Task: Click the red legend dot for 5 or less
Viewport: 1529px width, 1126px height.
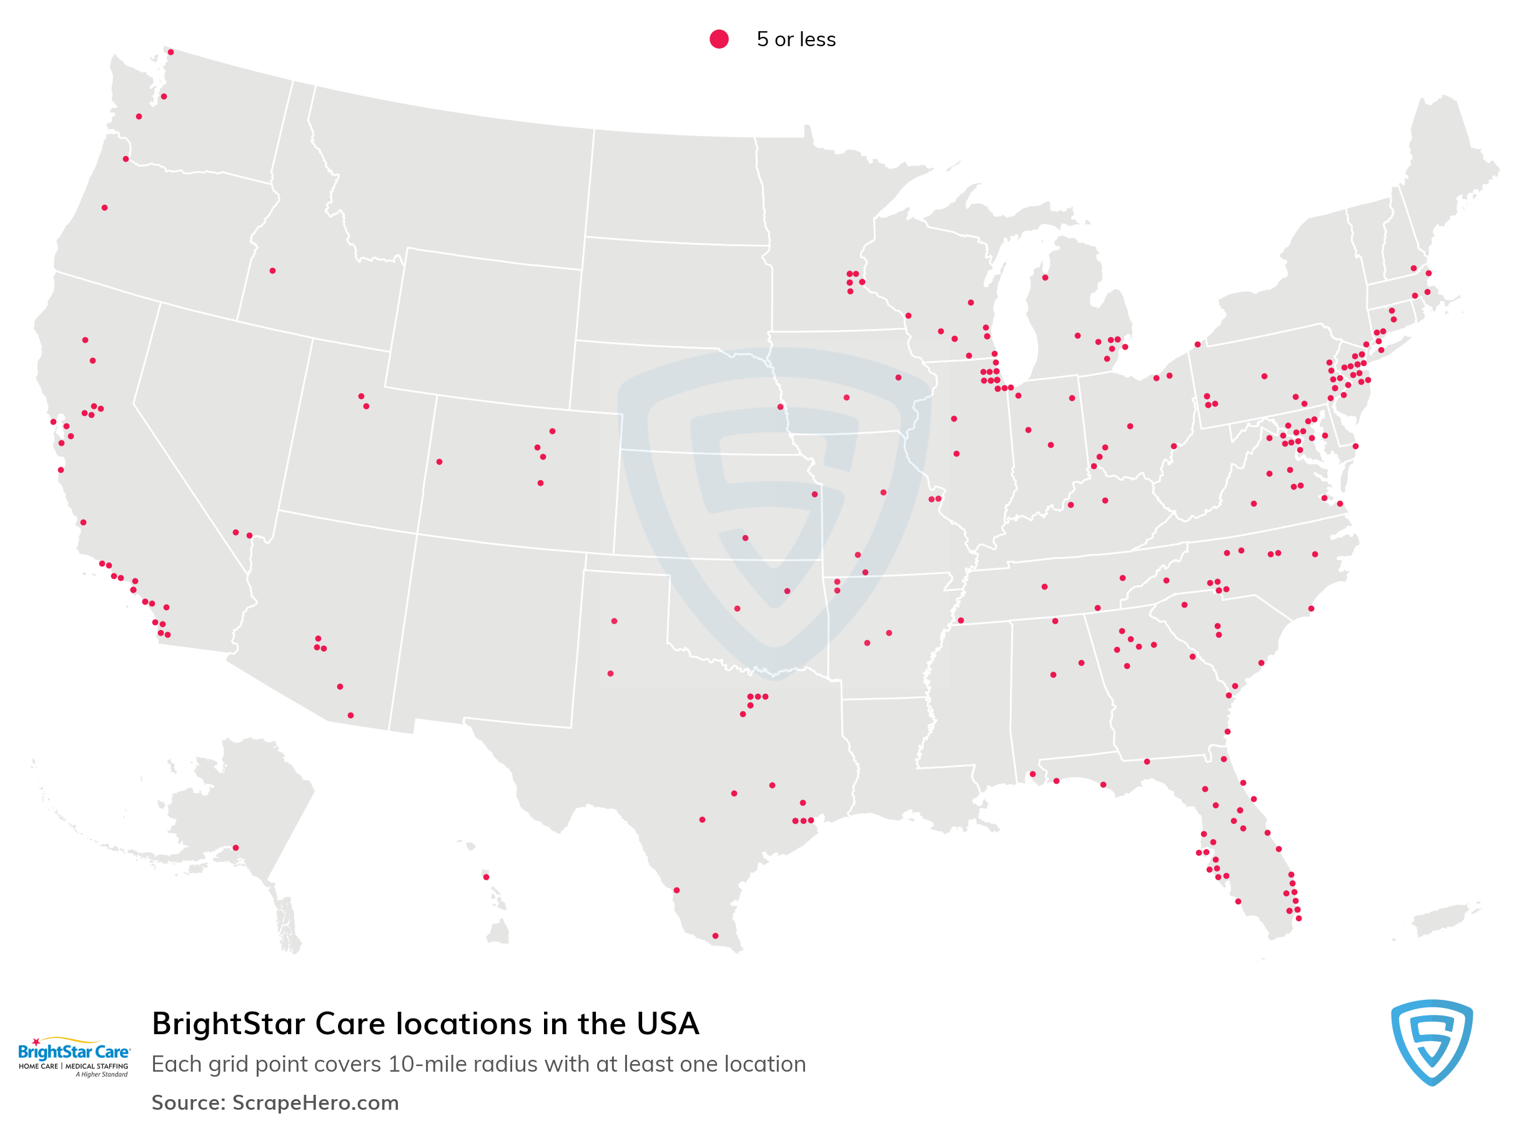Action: pos(718,39)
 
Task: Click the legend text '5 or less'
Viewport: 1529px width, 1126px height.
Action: pos(796,39)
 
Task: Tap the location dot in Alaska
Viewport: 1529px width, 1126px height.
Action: pos(235,847)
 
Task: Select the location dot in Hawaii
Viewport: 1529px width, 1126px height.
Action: pos(485,877)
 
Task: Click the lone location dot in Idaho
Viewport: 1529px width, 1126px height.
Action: pos(272,270)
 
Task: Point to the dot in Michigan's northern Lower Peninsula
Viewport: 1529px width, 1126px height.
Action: pos(1044,277)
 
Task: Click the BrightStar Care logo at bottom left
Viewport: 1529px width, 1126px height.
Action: pos(73,1057)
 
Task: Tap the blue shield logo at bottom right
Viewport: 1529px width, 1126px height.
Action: pos(1431,1042)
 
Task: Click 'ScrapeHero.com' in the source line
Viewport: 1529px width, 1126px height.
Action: pos(315,1102)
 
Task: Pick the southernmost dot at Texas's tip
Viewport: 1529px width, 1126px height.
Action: pos(715,936)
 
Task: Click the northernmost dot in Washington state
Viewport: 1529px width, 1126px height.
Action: pos(171,52)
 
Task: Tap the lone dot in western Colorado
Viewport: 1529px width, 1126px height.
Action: pos(439,462)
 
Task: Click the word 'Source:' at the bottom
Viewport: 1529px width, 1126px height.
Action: pos(188,1102)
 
